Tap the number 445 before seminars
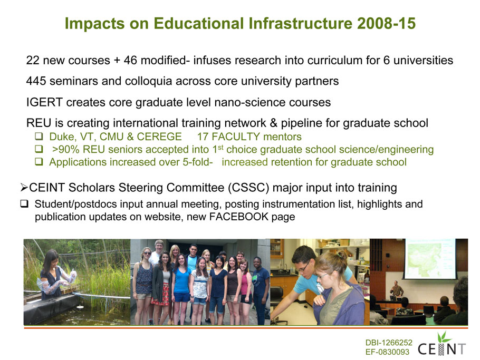36,81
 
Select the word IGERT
44,102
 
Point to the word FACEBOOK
239,217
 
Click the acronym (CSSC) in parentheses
248,188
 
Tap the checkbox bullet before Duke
39,136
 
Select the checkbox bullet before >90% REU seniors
39,149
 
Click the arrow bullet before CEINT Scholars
24,187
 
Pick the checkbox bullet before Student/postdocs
24,203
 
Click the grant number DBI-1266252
389,343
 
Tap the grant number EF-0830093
387,352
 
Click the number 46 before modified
130,60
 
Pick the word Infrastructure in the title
301,24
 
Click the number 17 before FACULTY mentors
203,137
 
